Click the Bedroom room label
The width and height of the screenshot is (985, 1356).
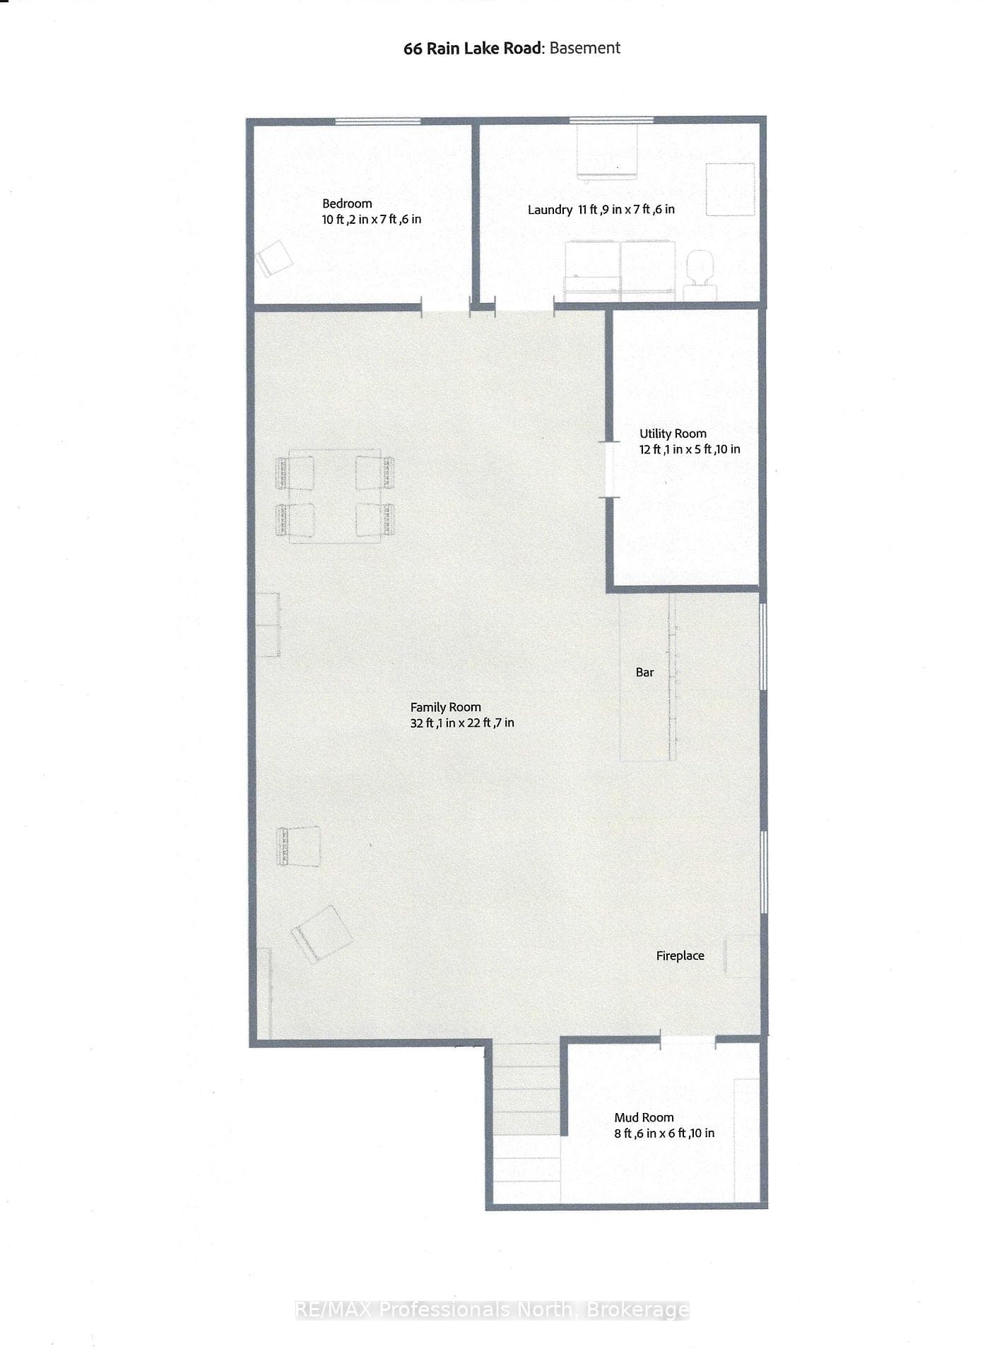[347, 203]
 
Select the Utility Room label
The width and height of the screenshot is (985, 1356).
[673, 434]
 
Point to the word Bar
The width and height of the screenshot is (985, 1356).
[644, 672]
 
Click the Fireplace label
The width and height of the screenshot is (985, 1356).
[680, 956]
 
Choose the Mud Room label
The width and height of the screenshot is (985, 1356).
[644, 1117]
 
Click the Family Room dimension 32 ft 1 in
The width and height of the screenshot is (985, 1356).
[437, 722]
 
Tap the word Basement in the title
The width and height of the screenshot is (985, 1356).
[585, 48]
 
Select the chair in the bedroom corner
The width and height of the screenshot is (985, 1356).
[274, 259]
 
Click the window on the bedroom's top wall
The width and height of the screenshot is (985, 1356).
[377, 121]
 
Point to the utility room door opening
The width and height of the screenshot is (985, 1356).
[609, 470]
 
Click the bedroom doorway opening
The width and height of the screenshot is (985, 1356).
[446, 306]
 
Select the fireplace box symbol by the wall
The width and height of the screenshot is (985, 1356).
[742, 956]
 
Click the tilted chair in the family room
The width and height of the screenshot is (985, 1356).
[322, 934]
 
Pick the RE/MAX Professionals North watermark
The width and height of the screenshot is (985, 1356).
[492, 1310]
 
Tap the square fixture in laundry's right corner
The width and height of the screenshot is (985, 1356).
[731, 189]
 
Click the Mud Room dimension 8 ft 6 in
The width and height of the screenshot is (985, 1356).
[637, 1133]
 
